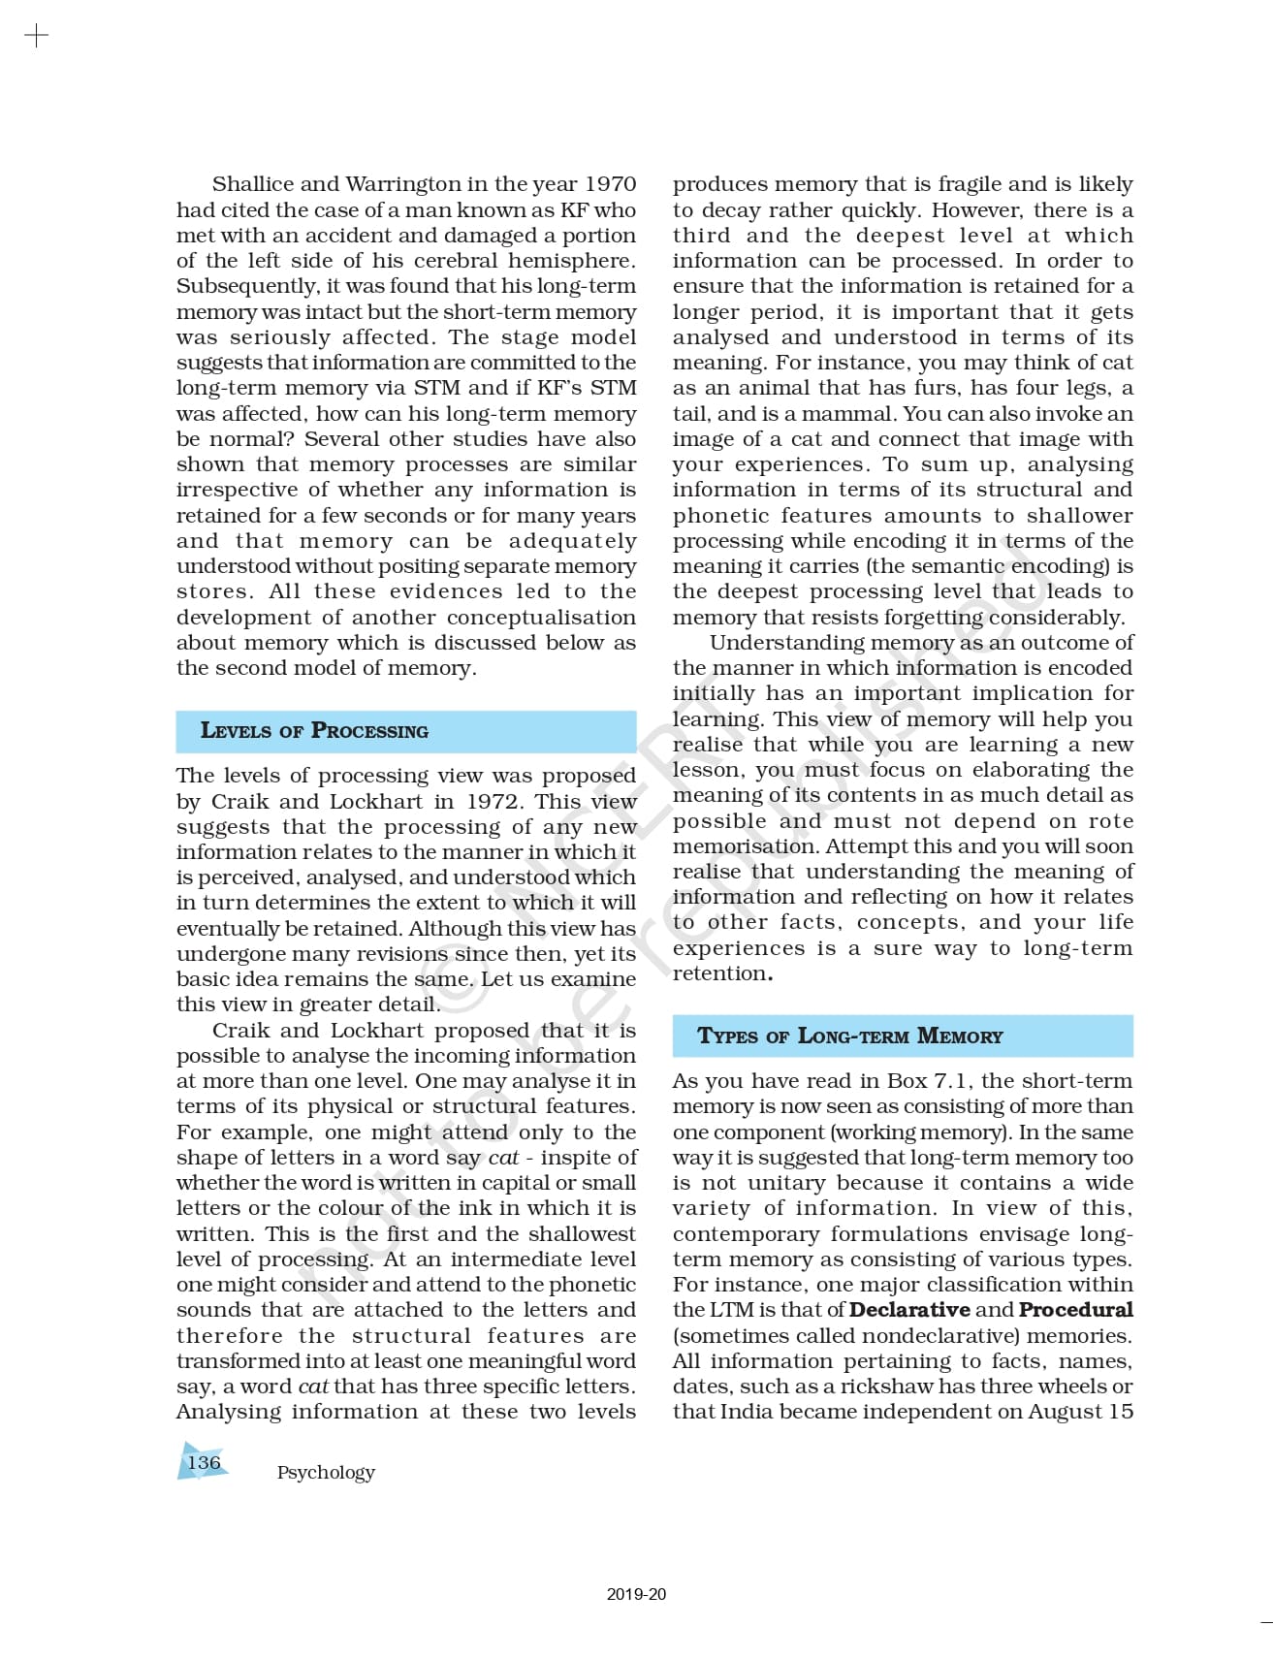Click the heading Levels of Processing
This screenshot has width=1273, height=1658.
pos(314,731)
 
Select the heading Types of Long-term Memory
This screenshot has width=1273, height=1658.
pos(849,1036)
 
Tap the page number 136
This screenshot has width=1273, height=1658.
pos(204,1462)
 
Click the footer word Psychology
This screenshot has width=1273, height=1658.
pos(326,1472)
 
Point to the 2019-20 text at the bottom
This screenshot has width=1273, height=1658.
pos(636,1594)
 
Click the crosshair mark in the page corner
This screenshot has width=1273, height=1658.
pos(36,37)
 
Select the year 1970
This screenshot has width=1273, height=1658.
pos(610,184)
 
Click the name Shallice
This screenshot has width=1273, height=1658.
pos(254,184)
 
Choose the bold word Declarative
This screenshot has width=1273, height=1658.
pos(909,1310)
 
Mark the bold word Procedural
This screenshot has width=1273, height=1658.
pos(1075,1310)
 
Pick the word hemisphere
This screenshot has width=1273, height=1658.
pos(571,261)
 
